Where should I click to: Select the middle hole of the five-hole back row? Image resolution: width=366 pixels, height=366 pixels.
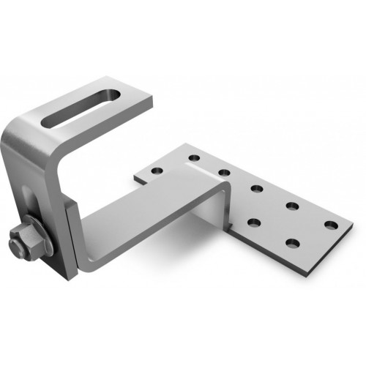(257, 189)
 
